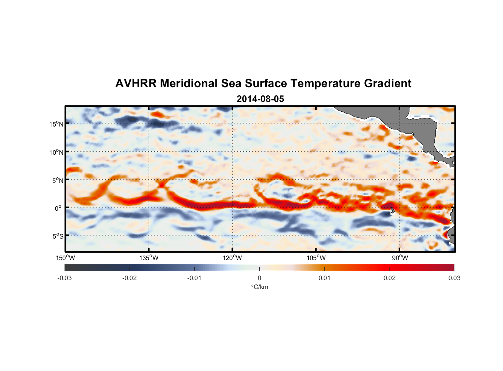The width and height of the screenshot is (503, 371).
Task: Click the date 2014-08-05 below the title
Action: tap(260, 99)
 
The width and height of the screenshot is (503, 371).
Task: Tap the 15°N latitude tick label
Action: tap(56, 124)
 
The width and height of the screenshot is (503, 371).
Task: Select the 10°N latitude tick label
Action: tap(56, 152)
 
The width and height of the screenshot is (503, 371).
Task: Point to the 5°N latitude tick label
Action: tap(57, 181)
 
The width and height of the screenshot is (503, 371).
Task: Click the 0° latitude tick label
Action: tap(58, 209)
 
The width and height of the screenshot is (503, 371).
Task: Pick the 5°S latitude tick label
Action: tap(57, 236)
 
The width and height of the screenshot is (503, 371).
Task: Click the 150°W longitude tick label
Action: tap(65, 258)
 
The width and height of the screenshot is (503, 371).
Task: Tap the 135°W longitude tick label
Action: tap(149, 258)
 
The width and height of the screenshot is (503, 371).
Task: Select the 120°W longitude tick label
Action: tap(233, 258)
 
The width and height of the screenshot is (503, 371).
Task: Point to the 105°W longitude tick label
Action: tap(316, 258)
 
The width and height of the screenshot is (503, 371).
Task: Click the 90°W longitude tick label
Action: tap(400, 258)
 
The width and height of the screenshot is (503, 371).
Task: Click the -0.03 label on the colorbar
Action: tap(65, 278)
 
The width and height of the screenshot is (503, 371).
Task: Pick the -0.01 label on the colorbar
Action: tap(194, 278)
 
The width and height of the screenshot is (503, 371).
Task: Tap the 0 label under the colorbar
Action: tap(259, 278)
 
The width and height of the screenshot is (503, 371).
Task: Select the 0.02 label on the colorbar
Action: tap(389, 278)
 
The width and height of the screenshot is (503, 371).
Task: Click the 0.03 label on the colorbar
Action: tap(454, 278)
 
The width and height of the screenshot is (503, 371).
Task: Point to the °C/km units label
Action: tap(259, 287)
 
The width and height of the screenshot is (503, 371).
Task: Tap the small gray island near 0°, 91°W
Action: tap(392, 210)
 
